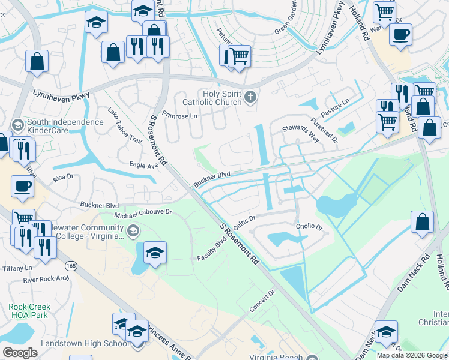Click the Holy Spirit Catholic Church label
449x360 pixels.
click(211, 98)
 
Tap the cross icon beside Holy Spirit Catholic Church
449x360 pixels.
click(250, 96)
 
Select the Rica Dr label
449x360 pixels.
click(62, 177)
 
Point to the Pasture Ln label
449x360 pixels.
click(335, 107)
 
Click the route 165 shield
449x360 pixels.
click(71, 265)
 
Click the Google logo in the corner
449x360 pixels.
click(20, 353)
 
